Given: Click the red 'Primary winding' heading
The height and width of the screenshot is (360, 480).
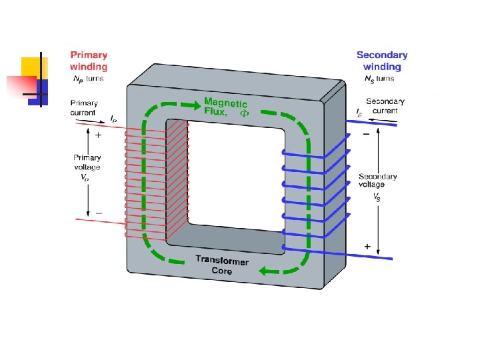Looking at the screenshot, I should coord(89,61).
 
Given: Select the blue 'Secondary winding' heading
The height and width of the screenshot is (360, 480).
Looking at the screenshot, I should coord(382,61).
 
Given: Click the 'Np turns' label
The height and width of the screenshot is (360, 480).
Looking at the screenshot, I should coord(89,79).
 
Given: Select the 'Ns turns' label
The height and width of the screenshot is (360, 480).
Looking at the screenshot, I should coord(379,79).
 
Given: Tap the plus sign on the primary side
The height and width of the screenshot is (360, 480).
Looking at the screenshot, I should coord(98,135).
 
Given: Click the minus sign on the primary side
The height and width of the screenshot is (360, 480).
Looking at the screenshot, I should coord(99,213).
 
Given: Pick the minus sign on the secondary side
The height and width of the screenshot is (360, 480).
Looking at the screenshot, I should coord(366,134).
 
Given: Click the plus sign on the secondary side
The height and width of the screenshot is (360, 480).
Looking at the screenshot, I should coord(367,247).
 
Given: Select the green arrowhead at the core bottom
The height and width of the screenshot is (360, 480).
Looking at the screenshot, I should coord(265,271).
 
